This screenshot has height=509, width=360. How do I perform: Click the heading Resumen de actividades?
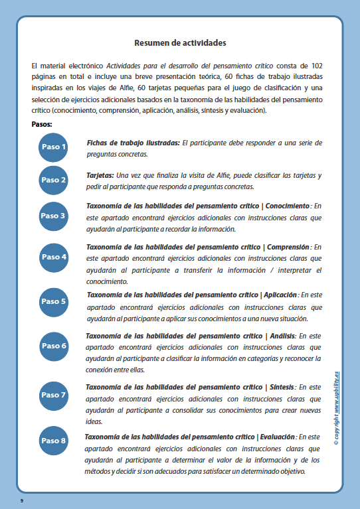click(180, 43)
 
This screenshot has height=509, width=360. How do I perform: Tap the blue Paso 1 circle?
click(54, 147)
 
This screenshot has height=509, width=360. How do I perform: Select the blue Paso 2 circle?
click(54, 180)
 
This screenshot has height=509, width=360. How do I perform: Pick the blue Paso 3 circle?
click(54, 216)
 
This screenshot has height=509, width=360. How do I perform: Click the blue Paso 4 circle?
click(54, 256)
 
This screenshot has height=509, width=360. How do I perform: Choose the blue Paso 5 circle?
click(54, 301)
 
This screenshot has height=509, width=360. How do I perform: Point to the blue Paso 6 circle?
click(54, 346)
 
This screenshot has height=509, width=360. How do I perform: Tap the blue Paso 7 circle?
click(54, 395)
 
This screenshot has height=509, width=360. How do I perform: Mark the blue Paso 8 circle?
click(54, 440)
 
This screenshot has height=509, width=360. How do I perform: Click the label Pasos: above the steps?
click(42, 124)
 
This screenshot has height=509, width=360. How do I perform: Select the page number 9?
click(22, 498)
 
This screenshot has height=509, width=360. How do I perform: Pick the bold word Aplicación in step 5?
click(281, 295)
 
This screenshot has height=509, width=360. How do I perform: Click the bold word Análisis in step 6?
click(281, 336)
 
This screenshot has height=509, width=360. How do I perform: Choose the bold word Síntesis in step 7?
click(282, 386)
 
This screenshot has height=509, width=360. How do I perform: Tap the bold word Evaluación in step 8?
click(276, 437)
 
